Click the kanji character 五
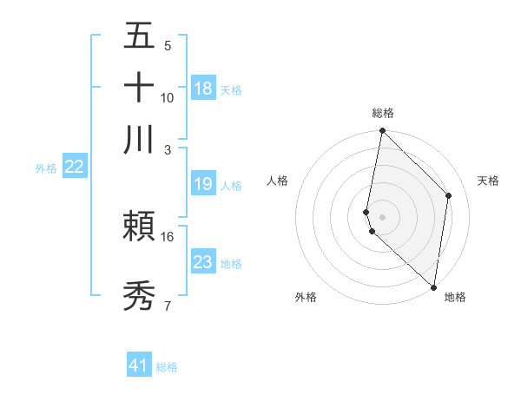pyautogui.click(x=139, y=36)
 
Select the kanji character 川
pyautogui.click(x=139, y=140)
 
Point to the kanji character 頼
pyautogui.click(x=139, y=228)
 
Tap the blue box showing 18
pyautogui.click(x=203, y=89)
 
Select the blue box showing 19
pyautogui.click(x=203, y=184)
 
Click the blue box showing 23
pyautogui.click(x=203, y=262)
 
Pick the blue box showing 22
pyautogui.click(x=74, y=168)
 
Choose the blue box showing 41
pyautogui.click(x=139, y=365)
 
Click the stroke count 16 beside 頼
pyautogui.click(x=168, y=236)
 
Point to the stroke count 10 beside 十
pyautogui.click(x=168, y=97)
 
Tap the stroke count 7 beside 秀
pyautogui.click(x=168, y=306)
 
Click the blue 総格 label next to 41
pyautogui.click(x=167, y=367)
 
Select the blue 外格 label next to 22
pyautogui.click(x=46, y=168)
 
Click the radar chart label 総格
pyautogui.click(x=383, y=113)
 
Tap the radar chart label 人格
pyautogui.click(x=278, y=181)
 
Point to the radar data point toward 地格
pyautogui.click(x=434, y=287)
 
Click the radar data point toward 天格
pyautogui.click(x=449, y=195)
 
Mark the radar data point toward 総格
pyautogui.click(x=383, y=131)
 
